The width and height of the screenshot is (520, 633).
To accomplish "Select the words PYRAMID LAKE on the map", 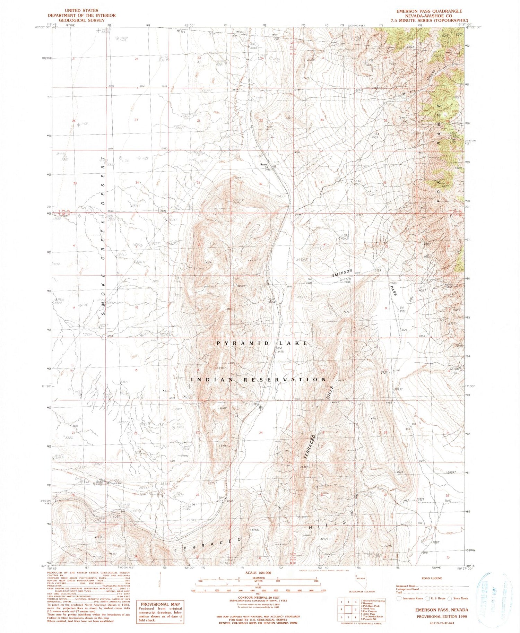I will (262, 343).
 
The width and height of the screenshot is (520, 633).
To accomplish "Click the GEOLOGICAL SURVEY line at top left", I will (81, 20).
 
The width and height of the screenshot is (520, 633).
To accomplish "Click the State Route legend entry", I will (458, 598).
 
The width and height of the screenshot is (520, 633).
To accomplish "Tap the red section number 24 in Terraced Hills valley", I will (261, 433).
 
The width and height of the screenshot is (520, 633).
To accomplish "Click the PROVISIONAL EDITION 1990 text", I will (442, 617).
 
